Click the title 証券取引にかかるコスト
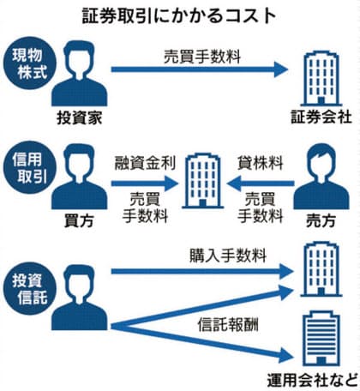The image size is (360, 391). (x=179, y=15)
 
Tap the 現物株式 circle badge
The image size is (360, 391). (x=30, y=63)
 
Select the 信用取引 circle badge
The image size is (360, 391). (x=30, y=167)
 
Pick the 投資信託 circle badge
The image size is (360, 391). (x=30, y=289)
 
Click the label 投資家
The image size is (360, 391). (x=79, y=117)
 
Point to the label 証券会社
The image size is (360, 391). (x=321, y=117)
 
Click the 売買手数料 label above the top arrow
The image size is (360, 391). (x=202, y=57)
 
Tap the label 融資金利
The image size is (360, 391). (x=145, y=163)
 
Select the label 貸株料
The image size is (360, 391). (x=261, y=163)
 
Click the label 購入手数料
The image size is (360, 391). (x=228, y=256)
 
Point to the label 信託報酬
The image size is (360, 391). (x=228, y=325)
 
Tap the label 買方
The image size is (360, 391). (x=79, y=221)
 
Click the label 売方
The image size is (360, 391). (x=321, y=221)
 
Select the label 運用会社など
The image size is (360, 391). (x=313, y=381)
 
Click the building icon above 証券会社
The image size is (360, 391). (x=321, y=78)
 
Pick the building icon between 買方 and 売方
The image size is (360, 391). (x=202, y=181)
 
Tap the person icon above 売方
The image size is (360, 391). (x=321, y=177)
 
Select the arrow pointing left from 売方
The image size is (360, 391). (x=261, y=183)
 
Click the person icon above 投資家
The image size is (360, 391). (x=79, y=73)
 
